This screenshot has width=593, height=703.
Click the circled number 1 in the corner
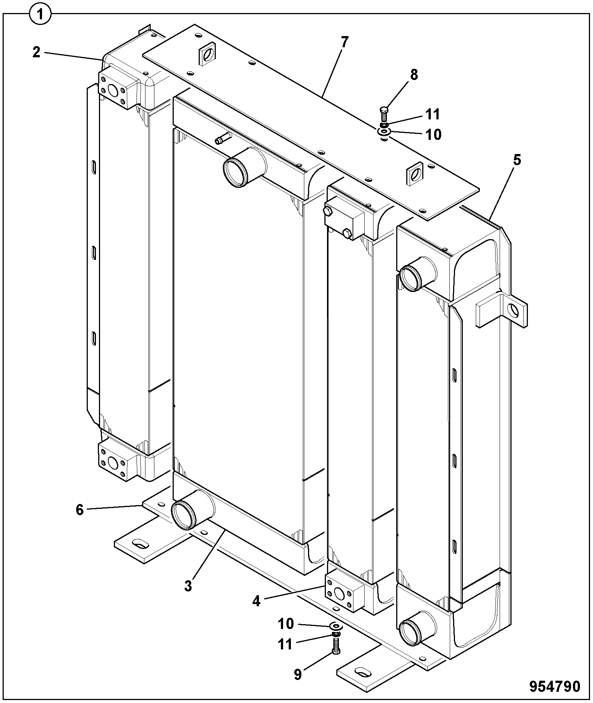click(40, 15)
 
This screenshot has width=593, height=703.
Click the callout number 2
click(36, 52)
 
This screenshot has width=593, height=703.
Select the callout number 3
click(188, 585)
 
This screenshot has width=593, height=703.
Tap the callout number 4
click(256, 601)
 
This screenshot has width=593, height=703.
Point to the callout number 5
click(517, 160)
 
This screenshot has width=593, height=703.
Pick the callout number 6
click(80, 510)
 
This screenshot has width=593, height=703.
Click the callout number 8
click(414, 75)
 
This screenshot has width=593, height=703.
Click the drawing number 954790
click(555, 687)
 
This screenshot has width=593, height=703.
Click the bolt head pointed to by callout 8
click(384, 110)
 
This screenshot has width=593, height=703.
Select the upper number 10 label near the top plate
click(433, 134)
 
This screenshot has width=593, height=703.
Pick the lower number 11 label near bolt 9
click(285, 644)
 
